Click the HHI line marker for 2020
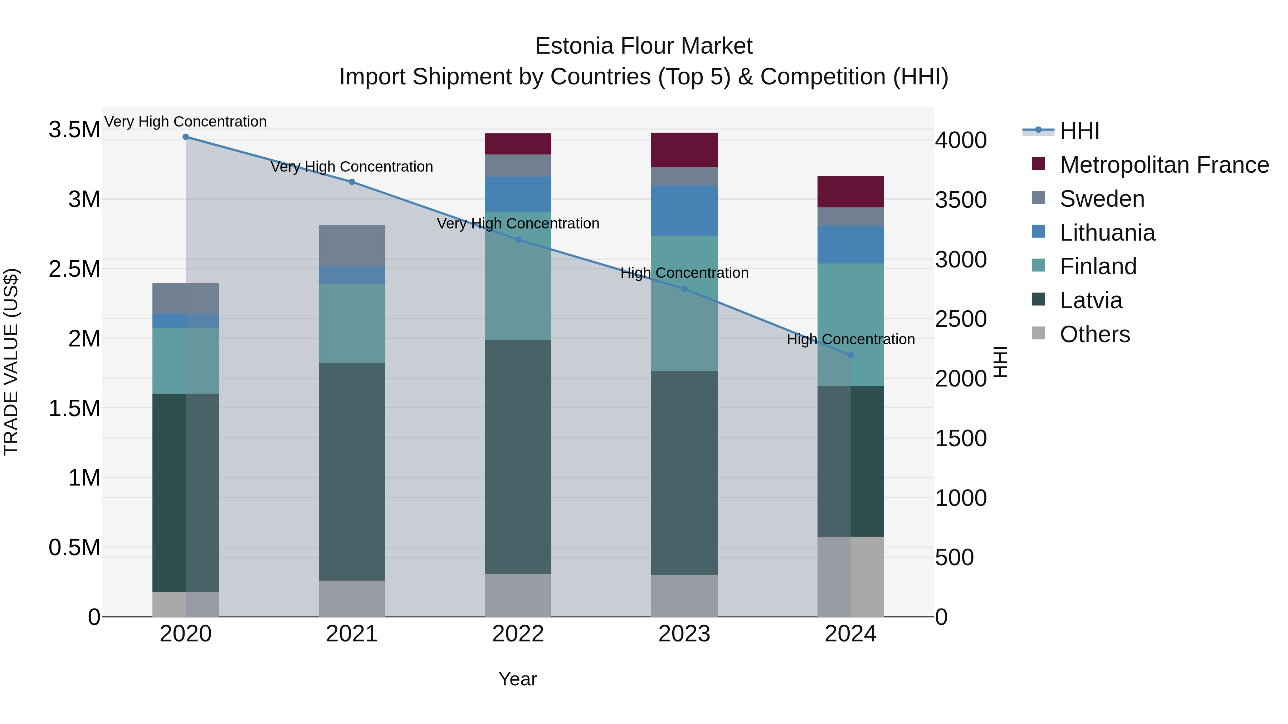tap(185, 137)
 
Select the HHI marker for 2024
tap(850, 355)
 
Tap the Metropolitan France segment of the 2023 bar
tap(684, 150)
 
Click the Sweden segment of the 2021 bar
tap(352, 245)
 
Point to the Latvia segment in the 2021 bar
tap(352, 471)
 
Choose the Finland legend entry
tap(1098, 266)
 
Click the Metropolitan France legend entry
tap(1164, 165)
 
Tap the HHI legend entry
tap(1079, 131)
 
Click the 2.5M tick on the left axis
tap(74, 269)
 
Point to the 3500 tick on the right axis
tap(961, 200)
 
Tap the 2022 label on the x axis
tap(518, 634)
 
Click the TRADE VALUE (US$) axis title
tap(11, 362)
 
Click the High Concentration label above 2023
tap(684, 273)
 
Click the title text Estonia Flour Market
tap(644, 46)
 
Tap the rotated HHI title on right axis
tap(1000, 362)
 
